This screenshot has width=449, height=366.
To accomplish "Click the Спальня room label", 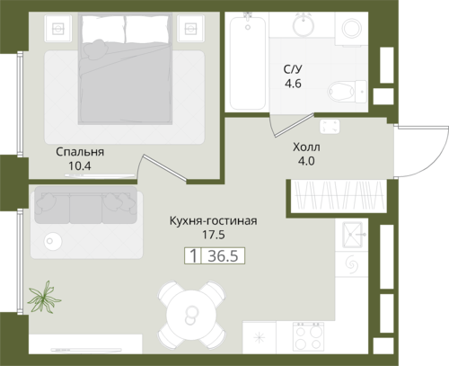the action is [x=80, y=152].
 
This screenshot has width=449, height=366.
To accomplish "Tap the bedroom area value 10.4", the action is [x=80, y=165].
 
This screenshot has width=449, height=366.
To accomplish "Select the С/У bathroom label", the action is [x=293, y=69].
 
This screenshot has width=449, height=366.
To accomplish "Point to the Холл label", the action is [x=306, y=147].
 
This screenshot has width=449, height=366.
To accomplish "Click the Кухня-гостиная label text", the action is [x=213, y=221].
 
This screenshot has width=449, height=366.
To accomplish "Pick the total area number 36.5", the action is [x=223, y=256].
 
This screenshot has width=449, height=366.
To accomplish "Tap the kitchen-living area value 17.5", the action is [x=214, y=235].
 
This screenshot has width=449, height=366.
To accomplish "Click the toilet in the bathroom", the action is [x=348, y=91].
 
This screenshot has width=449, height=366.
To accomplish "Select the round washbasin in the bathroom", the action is [x=304, y=24].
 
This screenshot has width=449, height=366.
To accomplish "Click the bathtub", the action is [x=247, y=63].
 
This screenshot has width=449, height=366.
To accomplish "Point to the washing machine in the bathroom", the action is [x=351, y=29].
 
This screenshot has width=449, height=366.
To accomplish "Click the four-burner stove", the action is [x=308, y=337].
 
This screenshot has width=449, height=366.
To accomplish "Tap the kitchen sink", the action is [x=353, y=235].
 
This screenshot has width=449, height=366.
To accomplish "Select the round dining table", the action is [x=191, y=314].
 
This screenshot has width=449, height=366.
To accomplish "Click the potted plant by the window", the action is [x=44, y=297].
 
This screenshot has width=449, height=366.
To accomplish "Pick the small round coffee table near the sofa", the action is [x=53, y=241].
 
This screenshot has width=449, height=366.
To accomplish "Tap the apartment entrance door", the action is [x=422, y=151].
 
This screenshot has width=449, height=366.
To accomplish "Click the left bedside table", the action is [x=58, y=29].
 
